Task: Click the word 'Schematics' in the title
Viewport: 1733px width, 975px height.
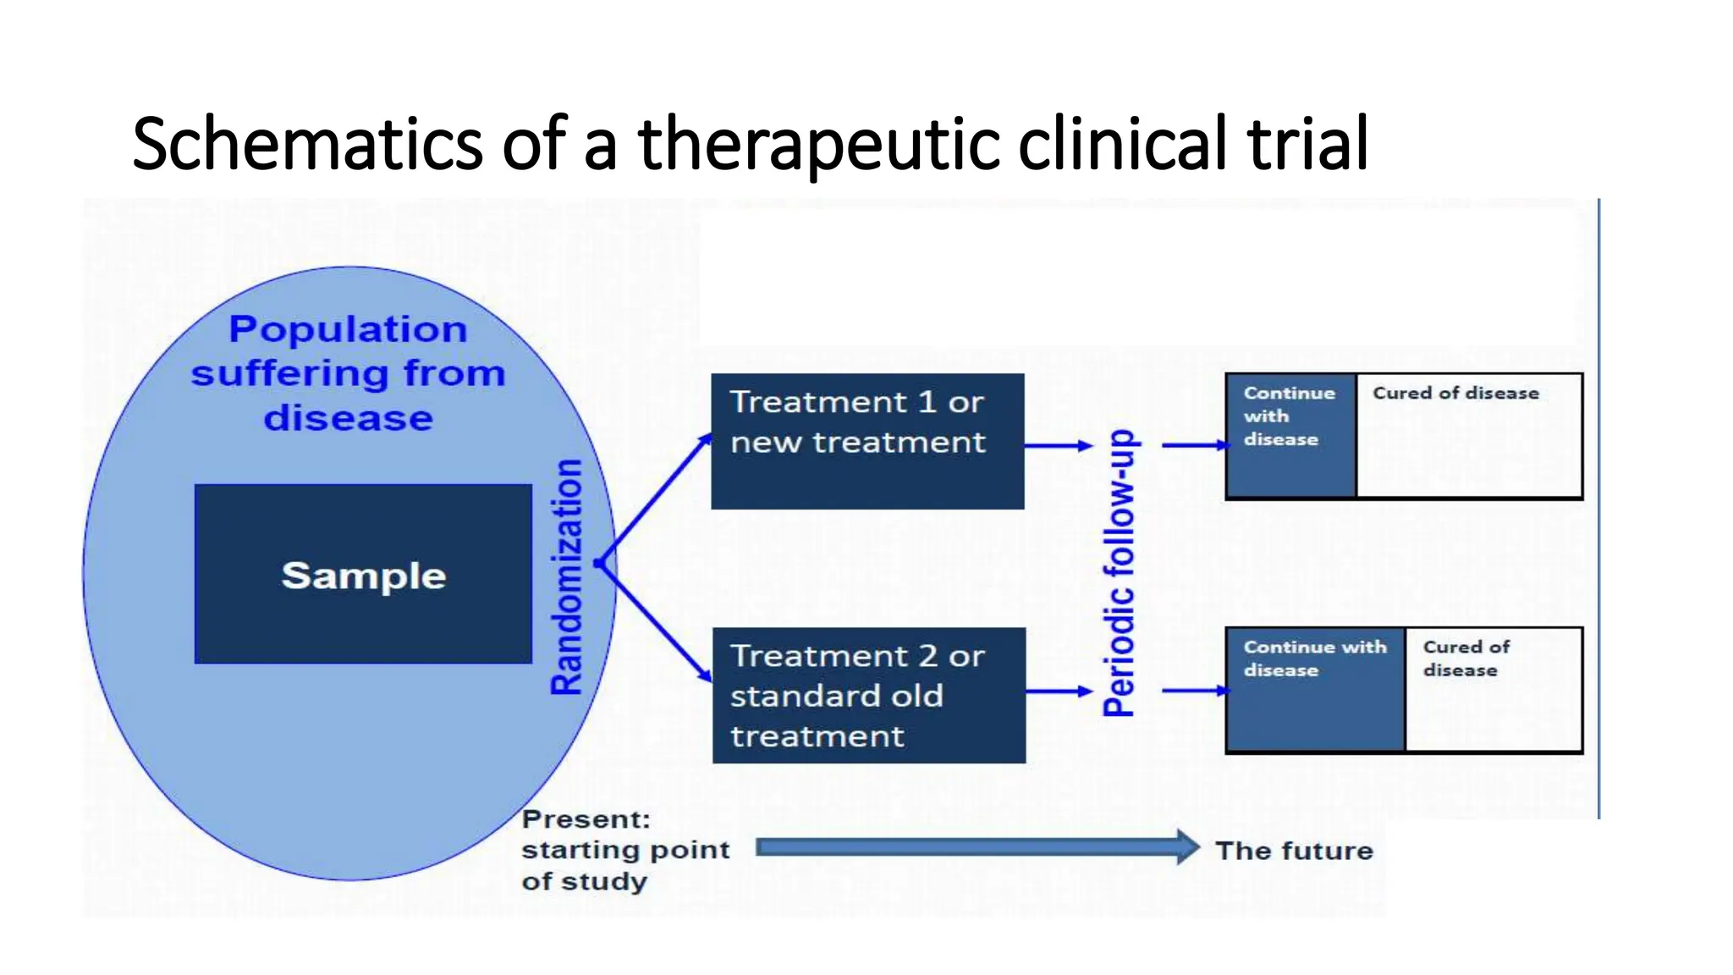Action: tap(306, 144)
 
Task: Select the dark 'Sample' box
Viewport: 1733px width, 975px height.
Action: tap(363, 575)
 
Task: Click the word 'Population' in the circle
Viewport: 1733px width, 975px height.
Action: tap(348, 329)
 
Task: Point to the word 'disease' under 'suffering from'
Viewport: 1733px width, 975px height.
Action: tap(348, 418)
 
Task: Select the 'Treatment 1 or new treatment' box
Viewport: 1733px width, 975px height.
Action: tap(867, 441)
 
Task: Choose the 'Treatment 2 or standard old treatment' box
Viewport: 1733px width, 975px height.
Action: tap(868, 695)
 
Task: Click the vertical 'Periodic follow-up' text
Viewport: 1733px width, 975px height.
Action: tap(1120, 573)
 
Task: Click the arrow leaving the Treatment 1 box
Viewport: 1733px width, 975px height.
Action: tap(1059, 445)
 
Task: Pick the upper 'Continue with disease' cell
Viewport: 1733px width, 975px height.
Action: tap(1290, 436)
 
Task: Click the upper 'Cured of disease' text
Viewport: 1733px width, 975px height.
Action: tap(1455, 393)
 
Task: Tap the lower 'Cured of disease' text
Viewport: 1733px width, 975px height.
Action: tap(1466, 658)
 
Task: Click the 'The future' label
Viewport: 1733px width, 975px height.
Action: tap(1294, 851)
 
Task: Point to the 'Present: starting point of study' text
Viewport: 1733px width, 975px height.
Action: tap(624, 850)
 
